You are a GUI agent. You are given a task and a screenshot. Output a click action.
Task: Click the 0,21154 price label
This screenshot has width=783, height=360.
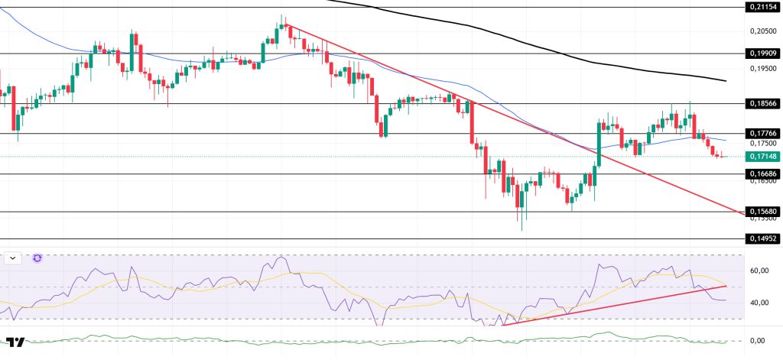(763, 8)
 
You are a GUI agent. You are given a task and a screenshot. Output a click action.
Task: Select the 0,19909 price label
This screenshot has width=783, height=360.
(763, 54)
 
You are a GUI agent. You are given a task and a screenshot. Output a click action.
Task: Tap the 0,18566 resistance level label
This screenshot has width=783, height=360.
(763, 103)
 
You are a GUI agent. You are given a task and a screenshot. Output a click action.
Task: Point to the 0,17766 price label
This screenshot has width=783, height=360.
(763, 133)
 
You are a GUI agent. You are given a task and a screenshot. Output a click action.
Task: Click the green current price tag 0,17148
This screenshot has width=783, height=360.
(763, 156)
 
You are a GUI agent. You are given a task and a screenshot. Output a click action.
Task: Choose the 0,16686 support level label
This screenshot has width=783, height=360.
(763, 174)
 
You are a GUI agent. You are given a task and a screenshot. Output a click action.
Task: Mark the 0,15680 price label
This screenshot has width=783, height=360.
(763, 212)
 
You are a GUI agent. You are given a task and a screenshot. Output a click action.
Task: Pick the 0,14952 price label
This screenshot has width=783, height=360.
(763, 238)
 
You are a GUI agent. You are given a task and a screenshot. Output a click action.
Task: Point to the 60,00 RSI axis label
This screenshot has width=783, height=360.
(760, 271)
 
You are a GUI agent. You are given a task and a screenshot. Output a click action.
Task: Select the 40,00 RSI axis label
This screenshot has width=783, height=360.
(760, 303)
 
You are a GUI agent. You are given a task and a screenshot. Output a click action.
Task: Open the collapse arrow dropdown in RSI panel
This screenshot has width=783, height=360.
(13, 258)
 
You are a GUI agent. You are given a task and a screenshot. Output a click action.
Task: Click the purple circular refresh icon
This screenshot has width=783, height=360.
(37, 258)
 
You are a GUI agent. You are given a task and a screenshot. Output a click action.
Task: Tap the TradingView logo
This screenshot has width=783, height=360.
(15, 342)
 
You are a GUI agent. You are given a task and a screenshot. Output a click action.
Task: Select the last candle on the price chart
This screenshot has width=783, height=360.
(723, 156)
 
